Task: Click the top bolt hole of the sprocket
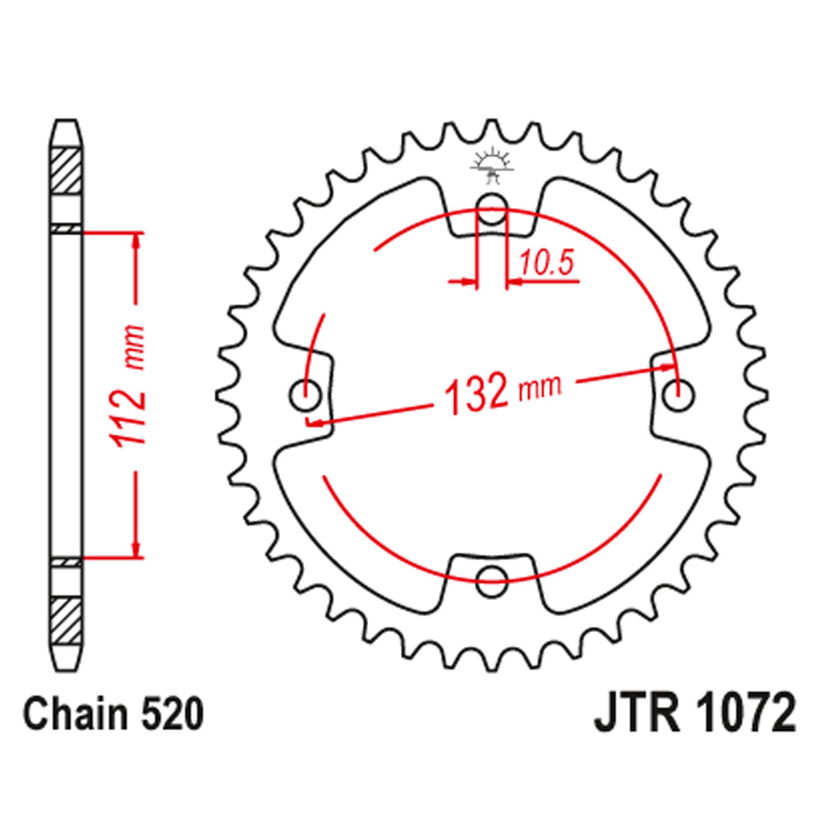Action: (x=492, y=208)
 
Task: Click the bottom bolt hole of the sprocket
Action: (x=491, y=581)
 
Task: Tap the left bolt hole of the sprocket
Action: (x=305, y=395)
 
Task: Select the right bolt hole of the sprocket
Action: (x=678, y=395)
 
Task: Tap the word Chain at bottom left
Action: (x=76, y=714)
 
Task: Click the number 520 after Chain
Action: (x=172, y=714)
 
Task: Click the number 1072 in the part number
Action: (x=746, y=713)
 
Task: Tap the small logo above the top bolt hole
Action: (x=491, y=165)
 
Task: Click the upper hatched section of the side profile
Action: (x=66, y=171)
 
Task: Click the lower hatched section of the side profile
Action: (x=66, y=621)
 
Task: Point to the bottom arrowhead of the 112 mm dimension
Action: (x=137, y=549)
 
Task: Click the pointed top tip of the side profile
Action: (x=66, y=121)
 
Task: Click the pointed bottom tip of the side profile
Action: (x=66, y=670)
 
